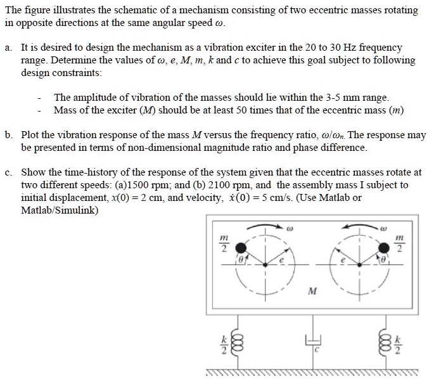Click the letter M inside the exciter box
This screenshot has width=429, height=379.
(311, 292)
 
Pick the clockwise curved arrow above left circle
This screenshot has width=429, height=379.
(262, 226)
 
